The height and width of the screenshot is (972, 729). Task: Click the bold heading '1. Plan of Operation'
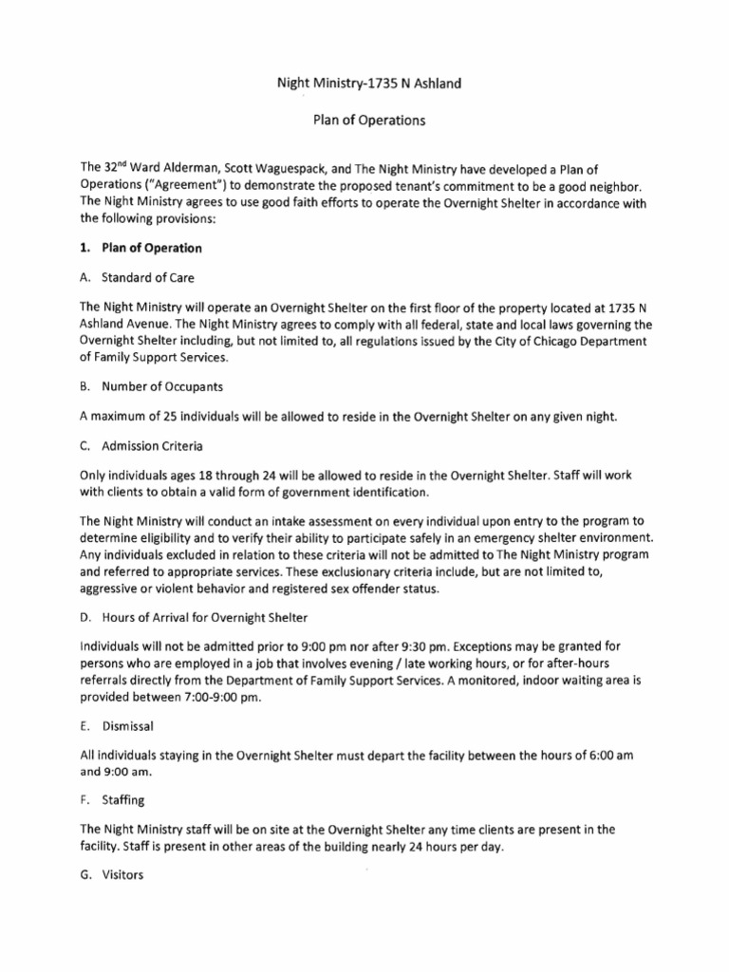pyautogui.click(x=141, y=249)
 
